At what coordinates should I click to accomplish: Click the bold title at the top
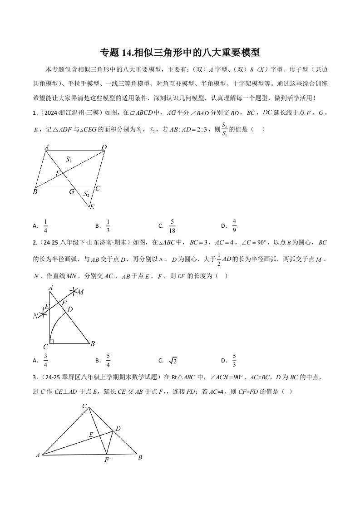point(180,52)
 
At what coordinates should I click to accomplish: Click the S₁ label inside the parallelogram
point(69,159)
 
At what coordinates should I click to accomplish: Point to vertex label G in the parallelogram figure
point(72,192)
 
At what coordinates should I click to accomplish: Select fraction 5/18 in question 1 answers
point(172,225)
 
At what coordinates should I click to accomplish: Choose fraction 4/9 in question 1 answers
point(234,225)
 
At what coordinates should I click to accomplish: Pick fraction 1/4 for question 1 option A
point(45,225)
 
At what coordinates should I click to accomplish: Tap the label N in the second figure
point(35,316)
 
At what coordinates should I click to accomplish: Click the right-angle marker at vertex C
point(52,341)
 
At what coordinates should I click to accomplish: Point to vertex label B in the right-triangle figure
point(93,344)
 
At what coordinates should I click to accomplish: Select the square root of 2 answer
point(173,361)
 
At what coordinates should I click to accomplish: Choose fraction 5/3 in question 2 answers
point(234,361)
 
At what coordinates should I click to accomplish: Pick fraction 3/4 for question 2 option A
point(45,361)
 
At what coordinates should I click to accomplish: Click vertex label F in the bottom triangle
point(107,459)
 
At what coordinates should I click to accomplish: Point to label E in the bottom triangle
point(91,434)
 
